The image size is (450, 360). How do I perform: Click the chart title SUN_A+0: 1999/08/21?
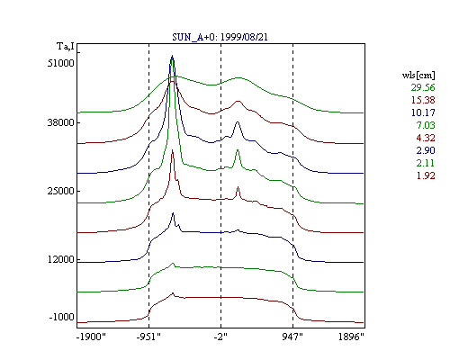220,37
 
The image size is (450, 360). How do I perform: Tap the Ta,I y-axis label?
65,47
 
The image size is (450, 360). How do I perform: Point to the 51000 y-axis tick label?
60,63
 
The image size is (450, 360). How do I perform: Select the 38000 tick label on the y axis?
60,122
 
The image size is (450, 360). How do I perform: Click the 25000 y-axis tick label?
60,191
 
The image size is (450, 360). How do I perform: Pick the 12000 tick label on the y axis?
60,259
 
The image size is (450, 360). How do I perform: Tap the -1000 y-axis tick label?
61,317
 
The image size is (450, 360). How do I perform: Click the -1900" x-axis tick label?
91,337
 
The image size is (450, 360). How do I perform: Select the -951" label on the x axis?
148,337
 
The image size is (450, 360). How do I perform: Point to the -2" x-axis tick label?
220,337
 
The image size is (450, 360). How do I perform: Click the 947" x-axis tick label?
292,337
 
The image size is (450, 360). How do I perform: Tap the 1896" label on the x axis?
351,337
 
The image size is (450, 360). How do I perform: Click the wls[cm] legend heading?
418,75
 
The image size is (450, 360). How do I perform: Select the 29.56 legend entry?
423,87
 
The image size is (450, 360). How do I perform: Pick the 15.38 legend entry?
423,100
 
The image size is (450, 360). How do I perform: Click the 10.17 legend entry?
423,112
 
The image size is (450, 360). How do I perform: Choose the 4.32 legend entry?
426,138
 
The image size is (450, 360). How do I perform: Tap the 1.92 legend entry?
426,175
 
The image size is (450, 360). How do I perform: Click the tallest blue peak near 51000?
172,56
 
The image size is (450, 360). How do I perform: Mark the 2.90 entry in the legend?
426,150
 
